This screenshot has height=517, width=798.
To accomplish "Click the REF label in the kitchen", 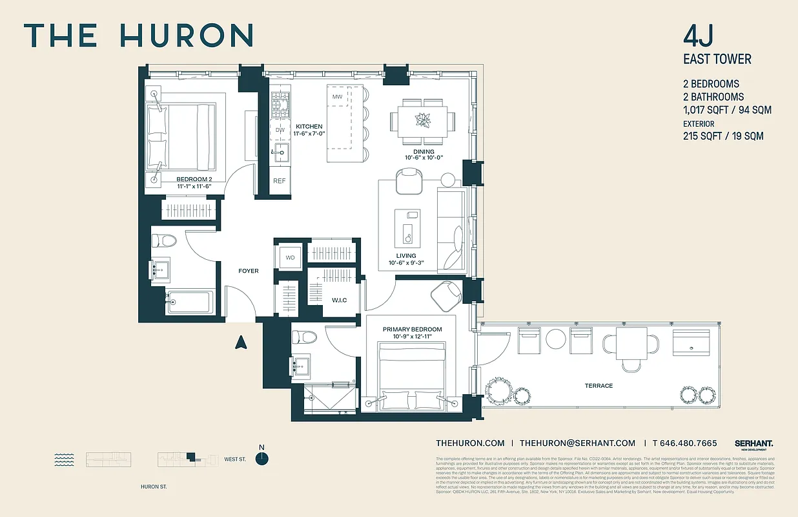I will pyautogui.click(x=280, y=181).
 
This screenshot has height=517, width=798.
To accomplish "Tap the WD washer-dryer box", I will pyautogui.click(x=290, y=258).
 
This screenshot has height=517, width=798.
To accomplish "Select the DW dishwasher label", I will pyautogui.click(x=280, y=130).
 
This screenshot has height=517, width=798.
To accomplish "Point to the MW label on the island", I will pyautogui.click(x=337, y=97).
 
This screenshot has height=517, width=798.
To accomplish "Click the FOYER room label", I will pyautogui.click(x=249, y=271).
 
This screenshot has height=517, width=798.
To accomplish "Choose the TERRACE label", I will pyautogui.click(x=599, y=386).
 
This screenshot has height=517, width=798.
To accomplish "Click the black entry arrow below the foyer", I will pyautogui.click(x=241, y=343).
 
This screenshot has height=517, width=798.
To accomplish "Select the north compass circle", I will pyautogui.click(x=261, y=459).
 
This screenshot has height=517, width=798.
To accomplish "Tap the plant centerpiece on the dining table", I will pyautogui.click(x=422, y=120).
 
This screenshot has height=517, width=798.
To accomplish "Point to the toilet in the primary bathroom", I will pyautogui.click(x=304, y=337).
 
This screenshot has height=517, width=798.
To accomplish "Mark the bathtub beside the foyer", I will pyautogui.click(x=189, y=302).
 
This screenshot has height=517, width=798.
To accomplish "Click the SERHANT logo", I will pyautogui.click(x=753, y=443).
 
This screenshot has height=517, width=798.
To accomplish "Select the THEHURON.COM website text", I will pyautogui.click(x=470, y=443).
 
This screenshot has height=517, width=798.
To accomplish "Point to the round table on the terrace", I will pyautogui.click(x=555, y=339).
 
